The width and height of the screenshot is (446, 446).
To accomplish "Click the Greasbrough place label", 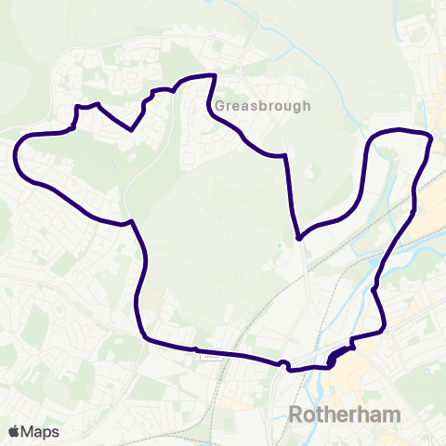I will (263, 106).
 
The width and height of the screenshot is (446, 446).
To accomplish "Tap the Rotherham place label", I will (345, 413).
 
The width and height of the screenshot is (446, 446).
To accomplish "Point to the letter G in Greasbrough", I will (220, 106).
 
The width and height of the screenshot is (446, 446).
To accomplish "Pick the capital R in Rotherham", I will (297, 413).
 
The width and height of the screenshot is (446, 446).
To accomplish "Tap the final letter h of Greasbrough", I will (307, 106).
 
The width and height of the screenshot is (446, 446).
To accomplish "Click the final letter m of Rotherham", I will (391, 413).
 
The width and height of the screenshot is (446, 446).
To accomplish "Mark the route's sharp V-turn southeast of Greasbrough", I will (298, 238).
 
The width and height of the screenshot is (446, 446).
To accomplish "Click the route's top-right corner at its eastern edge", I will (431, 138).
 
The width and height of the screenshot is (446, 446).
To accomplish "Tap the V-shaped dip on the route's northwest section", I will (133, 130).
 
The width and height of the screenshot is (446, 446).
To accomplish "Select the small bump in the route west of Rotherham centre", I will (283, 362).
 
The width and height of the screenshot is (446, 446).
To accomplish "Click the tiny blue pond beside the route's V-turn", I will (281, 245).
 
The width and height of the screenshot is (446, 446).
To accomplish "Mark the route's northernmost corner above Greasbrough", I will (215, 75).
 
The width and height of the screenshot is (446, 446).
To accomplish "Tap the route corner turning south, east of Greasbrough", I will (283, 157).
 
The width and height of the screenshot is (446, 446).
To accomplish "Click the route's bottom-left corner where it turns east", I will (144, 338).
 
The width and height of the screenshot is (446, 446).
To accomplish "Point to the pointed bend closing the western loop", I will (132, 221).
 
